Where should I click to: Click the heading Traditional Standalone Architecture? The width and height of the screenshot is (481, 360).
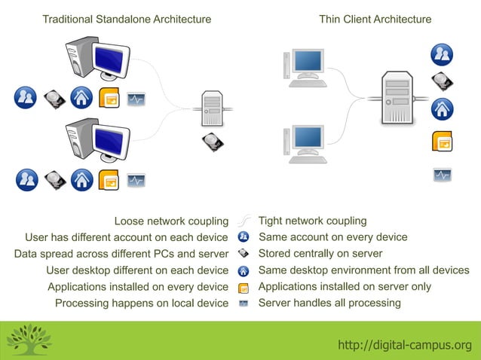coord(127,19)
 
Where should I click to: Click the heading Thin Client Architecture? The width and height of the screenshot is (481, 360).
coord(375,19)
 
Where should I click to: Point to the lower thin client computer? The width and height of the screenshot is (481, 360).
coord(307,144)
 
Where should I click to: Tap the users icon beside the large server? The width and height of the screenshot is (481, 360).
coord(442,53)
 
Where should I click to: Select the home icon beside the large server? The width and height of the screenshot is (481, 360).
coord(442,109)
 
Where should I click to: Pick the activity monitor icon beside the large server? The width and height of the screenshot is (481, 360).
coord(442,175)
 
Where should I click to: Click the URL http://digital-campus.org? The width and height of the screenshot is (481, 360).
coord(404,345)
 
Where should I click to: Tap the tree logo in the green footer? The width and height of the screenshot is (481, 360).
coord(29,340)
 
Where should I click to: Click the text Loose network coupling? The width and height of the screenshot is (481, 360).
coord(170,221)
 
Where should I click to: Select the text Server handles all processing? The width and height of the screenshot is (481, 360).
coord(329,303)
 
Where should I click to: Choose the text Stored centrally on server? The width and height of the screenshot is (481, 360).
coord(320,254)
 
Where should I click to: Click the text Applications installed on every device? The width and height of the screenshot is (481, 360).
coord(137,287)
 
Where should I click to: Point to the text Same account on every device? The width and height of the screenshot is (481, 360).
coord(332,237)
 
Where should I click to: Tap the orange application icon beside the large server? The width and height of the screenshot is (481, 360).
coord(442,142)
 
